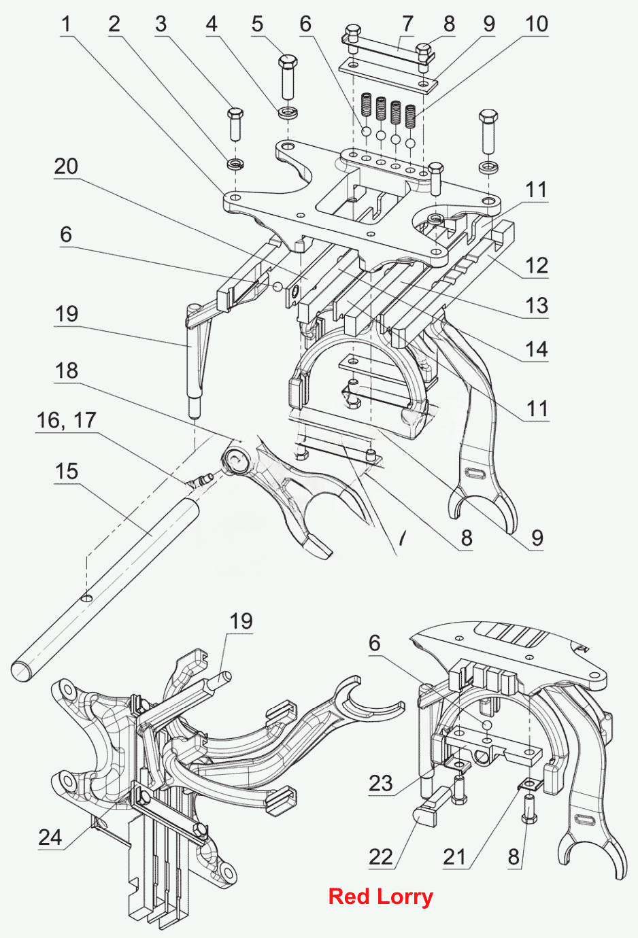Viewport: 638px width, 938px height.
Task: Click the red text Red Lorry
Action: tap(380, 897)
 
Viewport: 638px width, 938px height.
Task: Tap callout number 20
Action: tap(66, 167)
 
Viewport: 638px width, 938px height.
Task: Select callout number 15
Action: tap(66, 472)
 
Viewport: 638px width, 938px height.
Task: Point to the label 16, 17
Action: tap(66, 421)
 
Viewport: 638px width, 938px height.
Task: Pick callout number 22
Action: tap(381, 857)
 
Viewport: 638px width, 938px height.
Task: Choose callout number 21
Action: tap(454, 857)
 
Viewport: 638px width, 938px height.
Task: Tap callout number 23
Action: tap(381, 783)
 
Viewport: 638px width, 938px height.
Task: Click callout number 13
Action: tap(537, 305)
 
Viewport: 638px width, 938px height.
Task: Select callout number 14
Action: tap(537, 349)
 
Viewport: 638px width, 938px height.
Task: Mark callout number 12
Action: tap(537, 266)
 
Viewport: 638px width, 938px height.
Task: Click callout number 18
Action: tap(66, 371)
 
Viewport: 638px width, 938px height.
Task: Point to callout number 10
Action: tap(536, 24)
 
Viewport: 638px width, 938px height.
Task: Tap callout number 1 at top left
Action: tap(67, 24)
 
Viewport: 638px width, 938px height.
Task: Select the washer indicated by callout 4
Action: tap(288, 112)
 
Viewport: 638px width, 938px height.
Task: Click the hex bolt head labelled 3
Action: tap(235, 114)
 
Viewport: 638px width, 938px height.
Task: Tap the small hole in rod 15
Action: tap(86, 597)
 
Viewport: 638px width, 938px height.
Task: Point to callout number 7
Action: tap(407, 24)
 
